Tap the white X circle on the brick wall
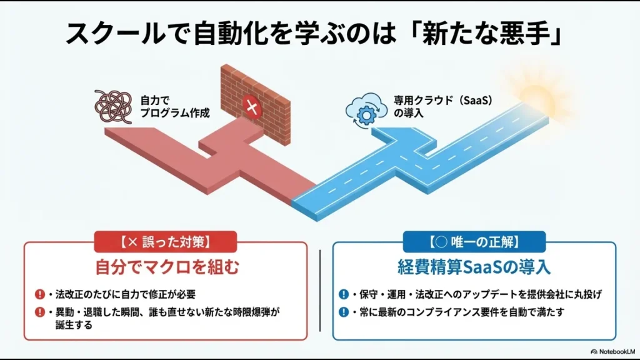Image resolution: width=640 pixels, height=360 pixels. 252,107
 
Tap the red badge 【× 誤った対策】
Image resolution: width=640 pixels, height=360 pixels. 165,241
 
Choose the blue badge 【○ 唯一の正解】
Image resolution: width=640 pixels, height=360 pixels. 474,241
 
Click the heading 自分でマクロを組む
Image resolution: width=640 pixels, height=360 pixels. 166,267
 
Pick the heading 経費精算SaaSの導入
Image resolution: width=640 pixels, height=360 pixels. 474,267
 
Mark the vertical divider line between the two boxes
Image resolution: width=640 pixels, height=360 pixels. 320,291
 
